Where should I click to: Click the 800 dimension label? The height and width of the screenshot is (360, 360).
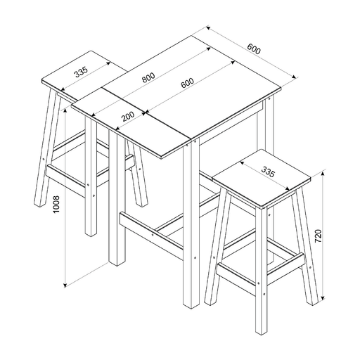pyautogui.click(x=148, y=78)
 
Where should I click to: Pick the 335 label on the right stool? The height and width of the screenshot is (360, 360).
pyautogui.click(x=267, y=171)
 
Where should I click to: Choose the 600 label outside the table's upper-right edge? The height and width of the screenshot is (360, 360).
pyautogui.click(x=254, y=49)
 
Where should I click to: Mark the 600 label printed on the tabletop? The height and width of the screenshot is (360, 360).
pyautogui.click(x=187, y=84)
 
